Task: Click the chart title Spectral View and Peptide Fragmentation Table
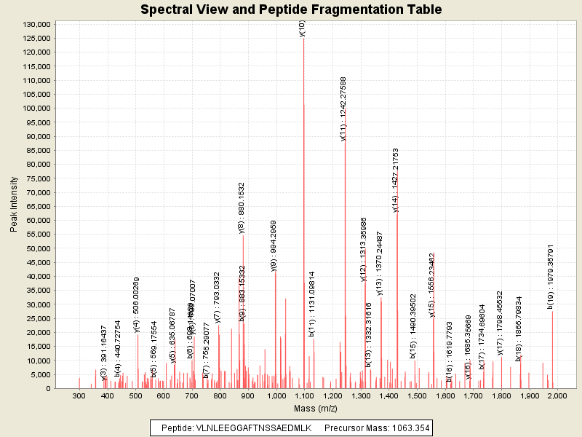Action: coord(291,10)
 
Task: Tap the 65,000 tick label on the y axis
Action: coord(36,206)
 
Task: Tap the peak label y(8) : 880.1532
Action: coord(242,208)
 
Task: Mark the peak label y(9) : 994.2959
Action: coord(274,245)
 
